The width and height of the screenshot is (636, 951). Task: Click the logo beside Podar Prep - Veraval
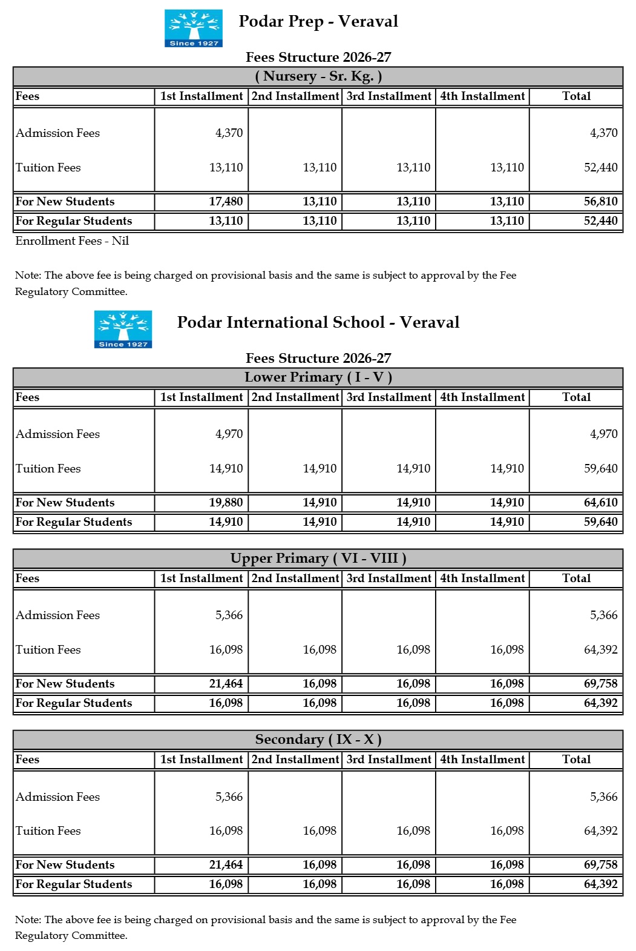click(x=194, y=28)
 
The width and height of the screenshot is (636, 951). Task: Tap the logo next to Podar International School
click(x=123, y=329)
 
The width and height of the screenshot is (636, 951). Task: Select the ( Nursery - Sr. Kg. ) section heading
click(x=318, y=76)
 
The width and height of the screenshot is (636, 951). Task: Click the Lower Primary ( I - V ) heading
click(x=318, y=377)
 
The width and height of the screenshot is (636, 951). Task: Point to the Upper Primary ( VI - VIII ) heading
click(x=318, y=558)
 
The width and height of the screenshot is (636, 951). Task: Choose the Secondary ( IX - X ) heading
click(x=318, y=740)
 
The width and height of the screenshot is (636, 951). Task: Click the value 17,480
click(x=226, y=202)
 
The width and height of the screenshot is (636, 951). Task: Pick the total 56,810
click(x=600, y=202)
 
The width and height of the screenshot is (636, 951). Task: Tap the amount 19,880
click(x=226, y=503)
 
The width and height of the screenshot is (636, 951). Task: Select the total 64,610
click(x=600, y=503)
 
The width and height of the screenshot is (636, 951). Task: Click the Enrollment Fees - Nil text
click(x=72, y=241)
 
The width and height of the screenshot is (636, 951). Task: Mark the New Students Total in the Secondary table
click(x=600, y=865)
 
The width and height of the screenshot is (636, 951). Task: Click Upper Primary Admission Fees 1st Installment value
click(x=229, y=615)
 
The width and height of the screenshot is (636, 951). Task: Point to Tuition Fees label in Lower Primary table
click(x=48, y=469)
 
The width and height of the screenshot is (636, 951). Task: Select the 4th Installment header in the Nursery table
click(x=482, y=96)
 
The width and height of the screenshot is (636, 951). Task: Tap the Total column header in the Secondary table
click(x=576, y=760)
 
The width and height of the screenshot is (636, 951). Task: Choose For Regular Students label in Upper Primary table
click(x=74, y=703)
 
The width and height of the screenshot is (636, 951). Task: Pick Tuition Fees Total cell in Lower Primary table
click(x=600, y=469)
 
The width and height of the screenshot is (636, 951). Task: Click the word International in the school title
click(x=305, y=322)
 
